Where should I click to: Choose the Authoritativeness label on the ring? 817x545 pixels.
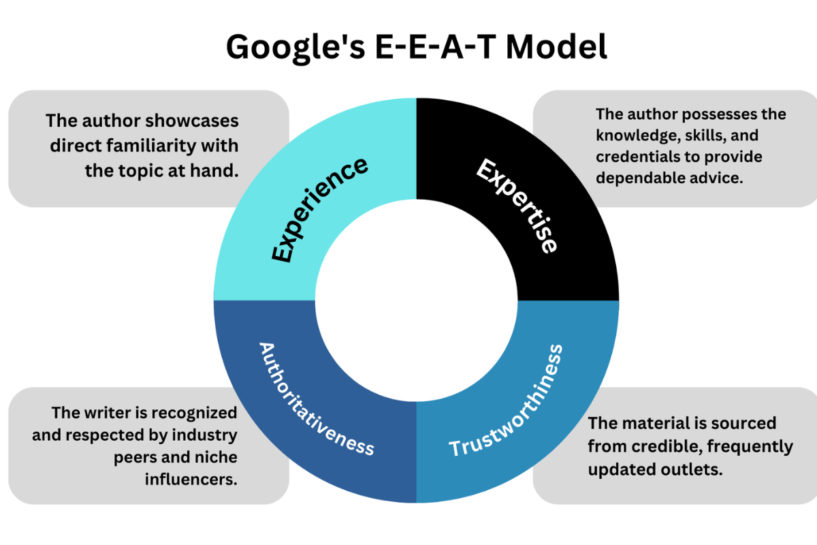tap(316, 399)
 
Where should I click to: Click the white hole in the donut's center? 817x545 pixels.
tap(416, 300)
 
